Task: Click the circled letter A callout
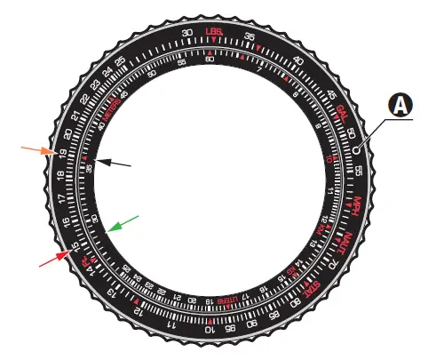coord(401,106)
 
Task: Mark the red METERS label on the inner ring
coord(112,113)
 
